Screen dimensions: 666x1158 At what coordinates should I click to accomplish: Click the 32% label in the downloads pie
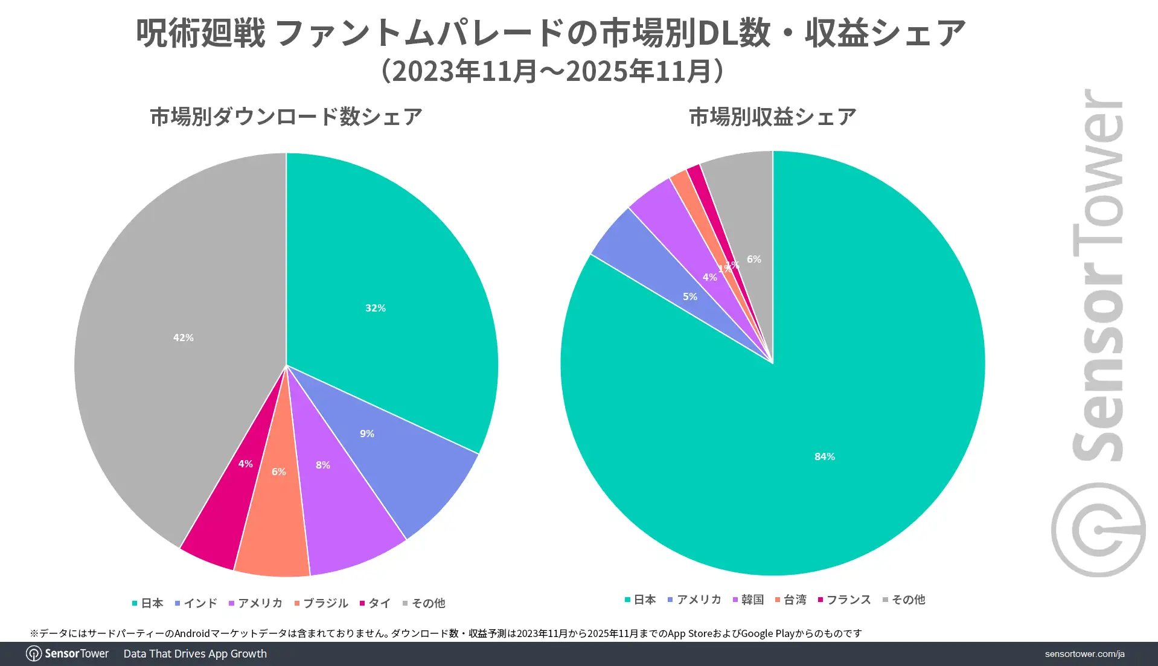pyautogui.click(x=375, y=308)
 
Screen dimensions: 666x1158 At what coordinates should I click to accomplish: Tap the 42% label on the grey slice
pyautogui.click(x=183, y=338)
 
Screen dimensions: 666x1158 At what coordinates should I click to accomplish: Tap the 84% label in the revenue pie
pyautogui.click(x=824, y=456)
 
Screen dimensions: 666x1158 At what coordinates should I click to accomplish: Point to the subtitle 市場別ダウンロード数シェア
pyautogui.click(x=286, y=117)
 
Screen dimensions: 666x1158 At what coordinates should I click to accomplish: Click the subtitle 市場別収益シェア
pyautogui.click(x=772, y=117)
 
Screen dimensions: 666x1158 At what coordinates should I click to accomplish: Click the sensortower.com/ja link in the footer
pyautogui.click(x=1084, y=654)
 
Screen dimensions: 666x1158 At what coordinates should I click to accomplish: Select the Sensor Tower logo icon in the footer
pyautogui.click(x=34, y=654)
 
